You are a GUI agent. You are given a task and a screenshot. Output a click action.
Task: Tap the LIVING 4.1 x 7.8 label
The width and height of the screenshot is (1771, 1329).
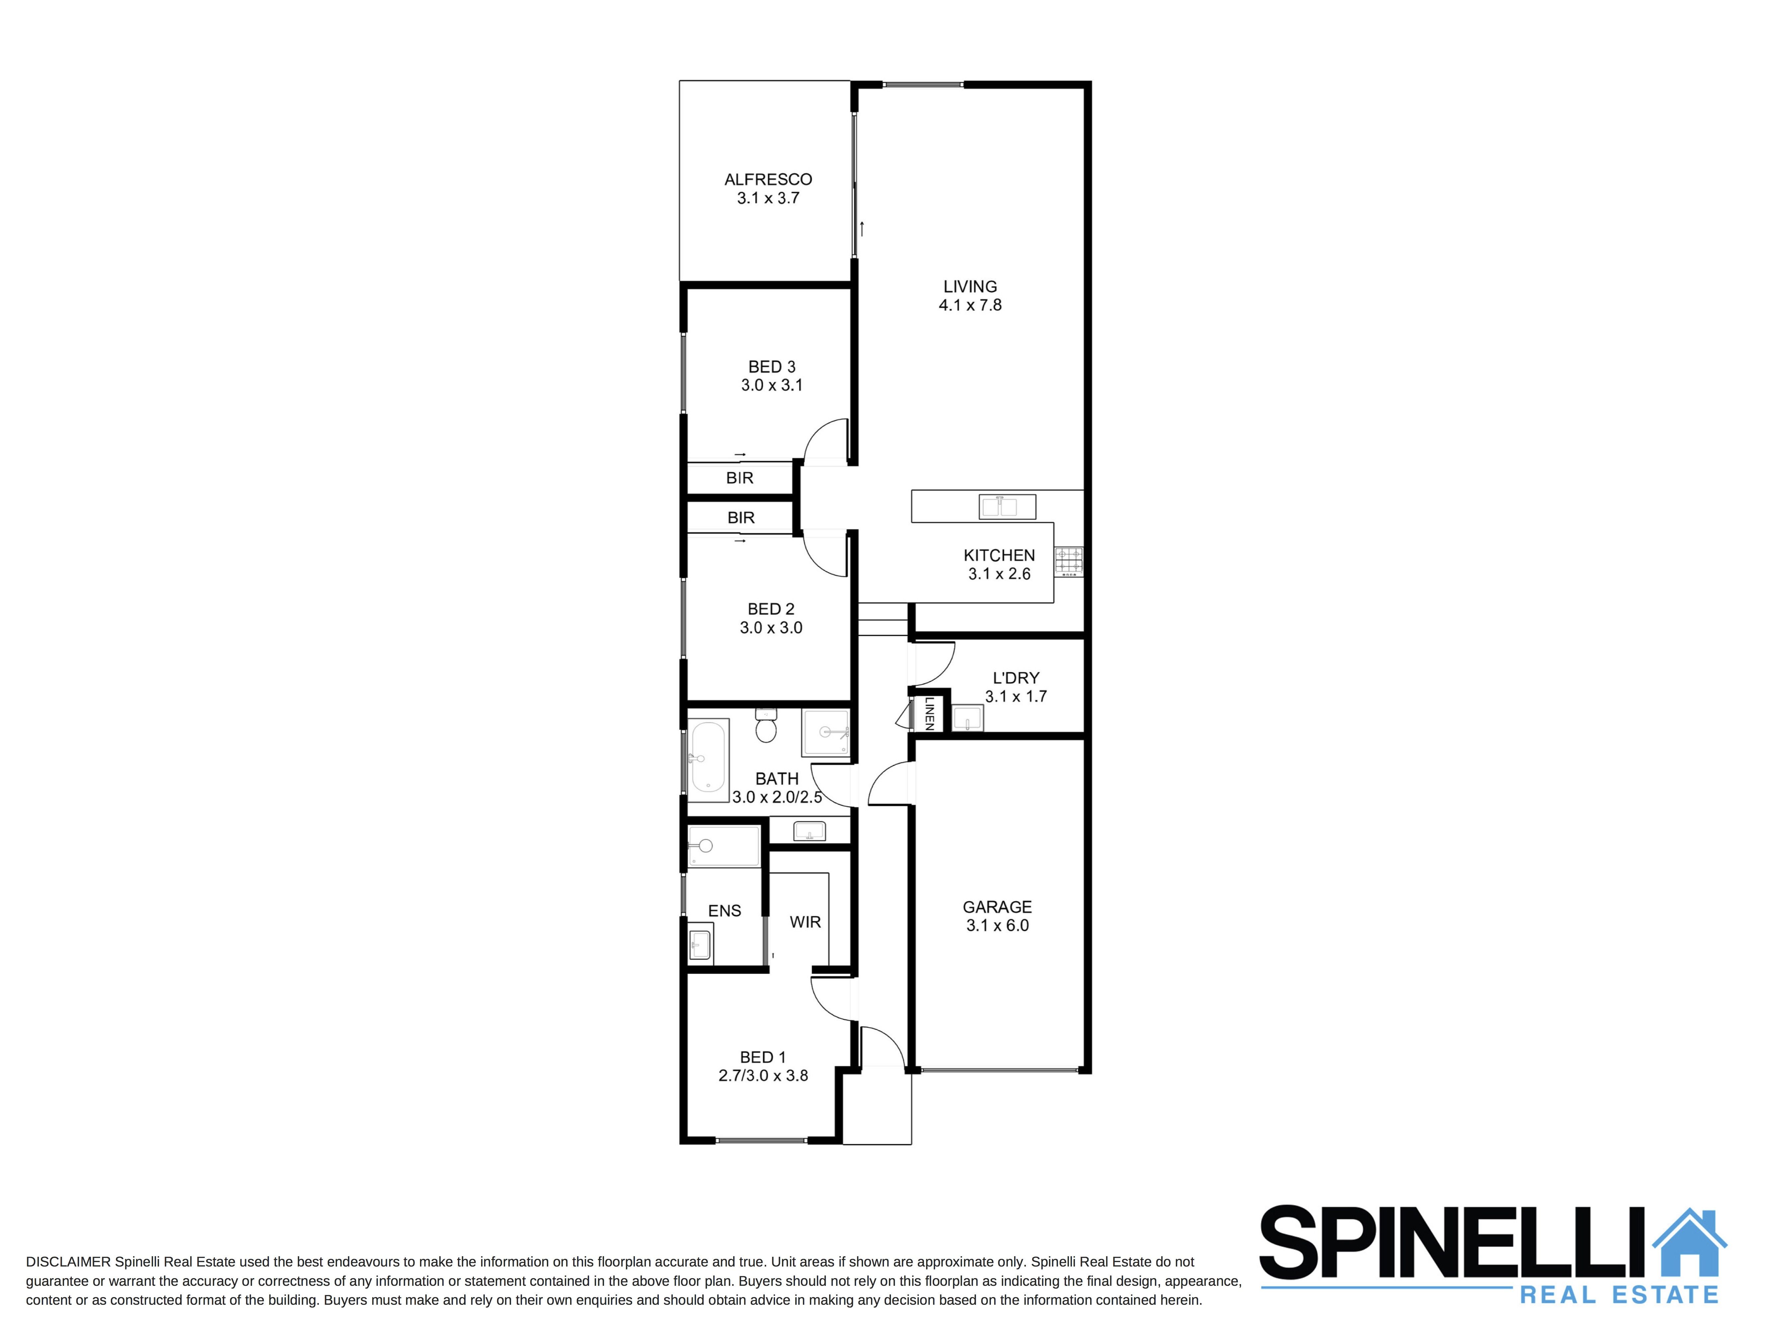[970, 295]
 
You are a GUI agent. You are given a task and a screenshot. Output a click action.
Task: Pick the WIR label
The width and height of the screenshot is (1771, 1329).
[805, 922]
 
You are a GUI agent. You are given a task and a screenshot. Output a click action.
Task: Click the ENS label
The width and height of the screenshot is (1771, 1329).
[725, 911]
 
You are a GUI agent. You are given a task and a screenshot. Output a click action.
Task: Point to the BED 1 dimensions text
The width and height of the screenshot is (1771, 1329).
[763, 1076]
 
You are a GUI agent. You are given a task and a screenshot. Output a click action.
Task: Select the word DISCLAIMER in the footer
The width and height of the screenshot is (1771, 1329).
[68, 1262]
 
